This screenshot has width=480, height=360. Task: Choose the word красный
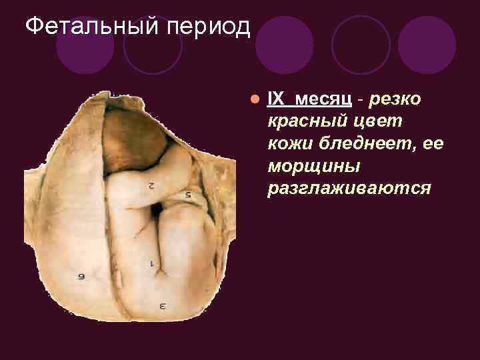click(304, 121)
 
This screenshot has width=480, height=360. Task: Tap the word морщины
click(306, 167)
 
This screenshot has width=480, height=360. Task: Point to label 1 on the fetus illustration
click(152, 263)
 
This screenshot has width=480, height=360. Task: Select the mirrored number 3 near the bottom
click(162, 305)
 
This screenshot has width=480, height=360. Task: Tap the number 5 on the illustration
click(188, 195)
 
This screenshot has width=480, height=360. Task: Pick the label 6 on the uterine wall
click(81, 275)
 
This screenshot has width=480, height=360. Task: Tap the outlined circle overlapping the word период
click(153, 44)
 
